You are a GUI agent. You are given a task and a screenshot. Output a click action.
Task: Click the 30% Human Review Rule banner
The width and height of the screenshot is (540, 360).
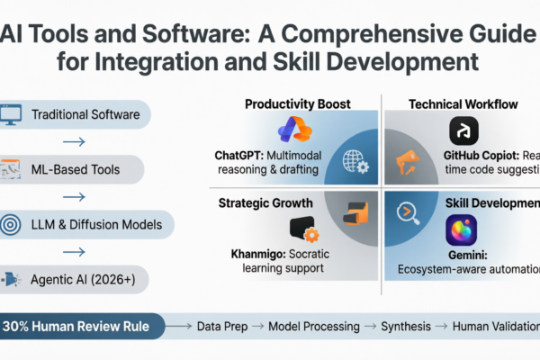click(x=83, y=326)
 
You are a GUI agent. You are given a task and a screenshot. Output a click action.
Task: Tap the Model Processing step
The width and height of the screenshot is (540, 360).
click(x=313, y=326)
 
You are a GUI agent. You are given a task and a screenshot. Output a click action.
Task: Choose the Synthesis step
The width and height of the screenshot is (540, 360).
click(x=405, y=326)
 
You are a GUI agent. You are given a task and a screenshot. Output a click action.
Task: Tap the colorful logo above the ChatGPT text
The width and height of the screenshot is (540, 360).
click(x=294, y=130)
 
